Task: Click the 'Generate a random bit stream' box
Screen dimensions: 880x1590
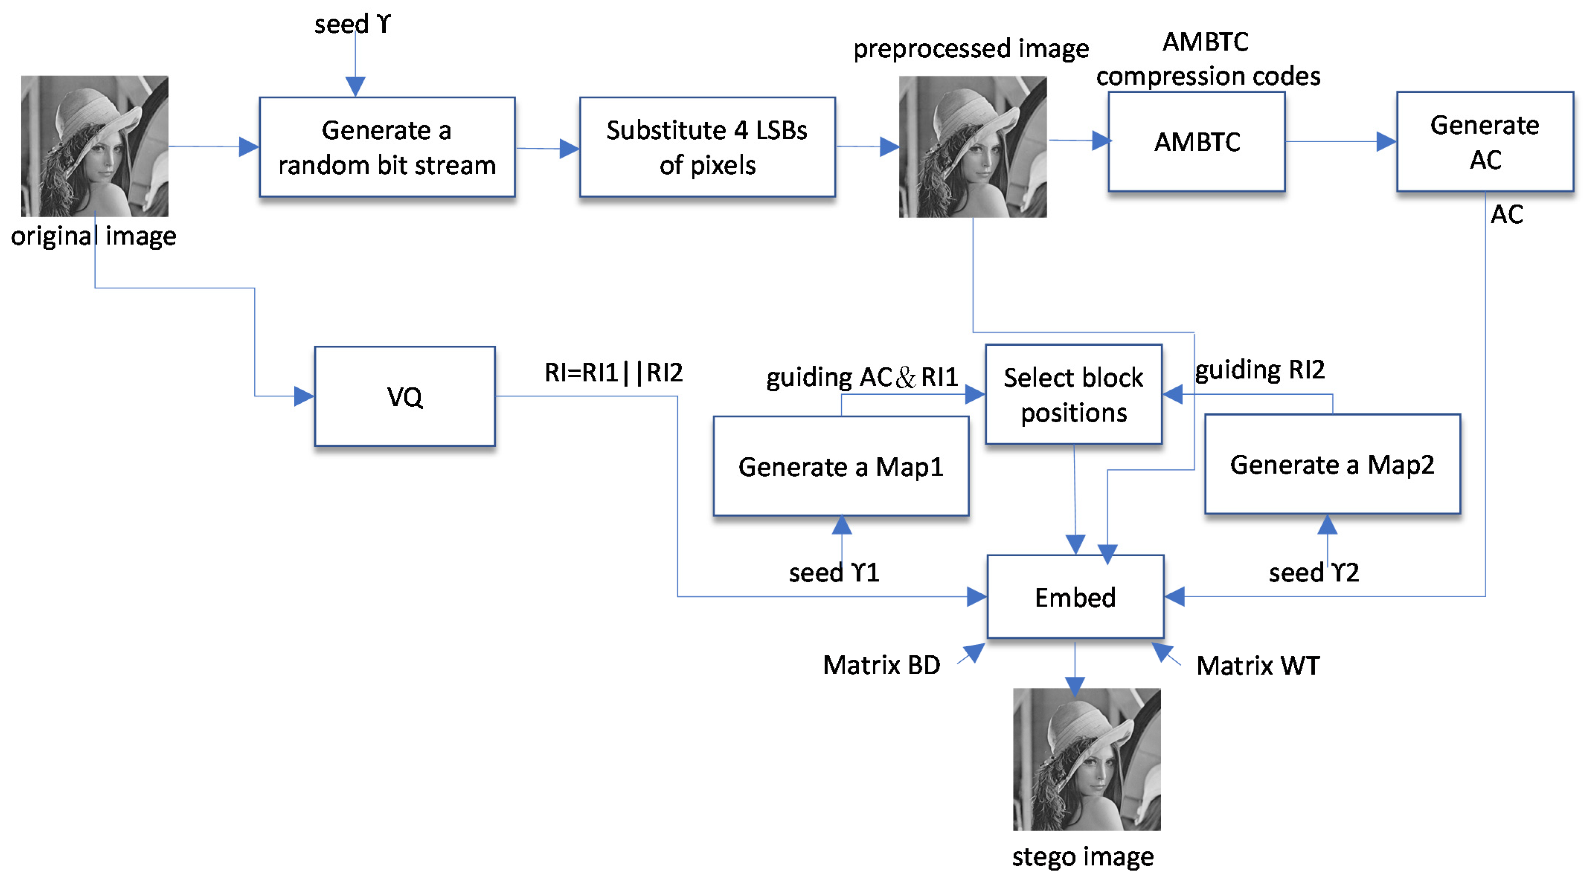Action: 387,147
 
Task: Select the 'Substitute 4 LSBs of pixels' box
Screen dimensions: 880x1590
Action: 707,147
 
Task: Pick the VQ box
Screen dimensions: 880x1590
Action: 405,396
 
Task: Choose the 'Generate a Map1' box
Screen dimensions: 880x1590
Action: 841,466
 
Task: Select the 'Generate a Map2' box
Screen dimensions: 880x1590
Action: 1332,464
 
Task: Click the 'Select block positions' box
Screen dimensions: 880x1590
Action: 1073,395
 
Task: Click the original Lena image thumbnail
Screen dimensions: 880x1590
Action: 94,146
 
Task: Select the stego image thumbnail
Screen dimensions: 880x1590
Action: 1086,759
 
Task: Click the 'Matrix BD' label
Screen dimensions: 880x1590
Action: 881,665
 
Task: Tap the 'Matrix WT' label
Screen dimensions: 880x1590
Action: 1258,666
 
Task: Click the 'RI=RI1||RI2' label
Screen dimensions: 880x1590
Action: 614,372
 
